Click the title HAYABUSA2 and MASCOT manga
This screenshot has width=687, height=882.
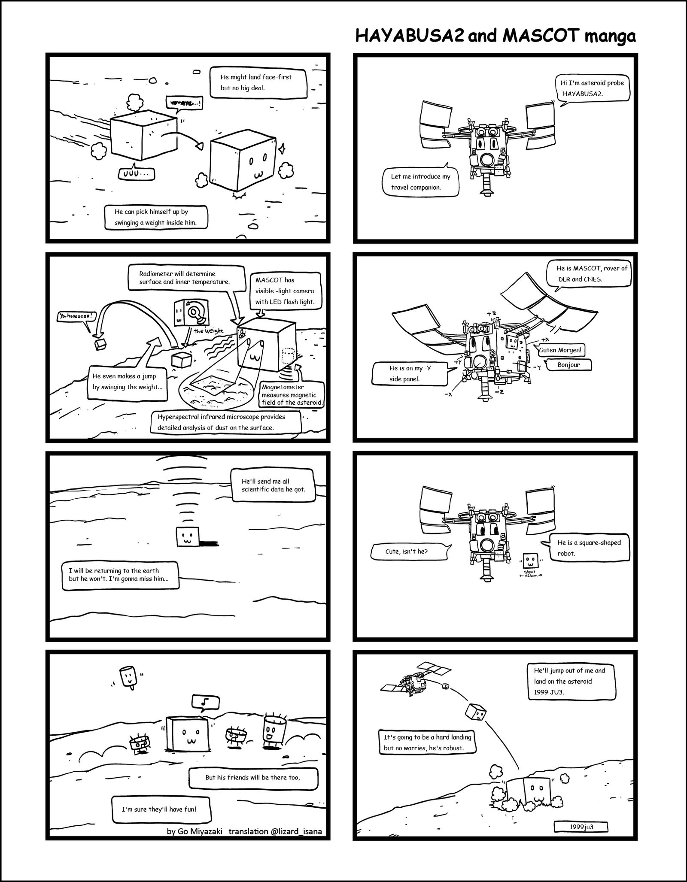pos(495,37)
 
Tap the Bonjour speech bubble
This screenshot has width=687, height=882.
pos(568,365)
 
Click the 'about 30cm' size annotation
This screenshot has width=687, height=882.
pos(531,574)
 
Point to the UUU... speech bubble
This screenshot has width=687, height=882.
pos(137,174)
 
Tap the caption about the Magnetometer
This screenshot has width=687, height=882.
pos(292,394)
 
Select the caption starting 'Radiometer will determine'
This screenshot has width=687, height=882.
pos(184,277)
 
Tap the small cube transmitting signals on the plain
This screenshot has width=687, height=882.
pos(188,536)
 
